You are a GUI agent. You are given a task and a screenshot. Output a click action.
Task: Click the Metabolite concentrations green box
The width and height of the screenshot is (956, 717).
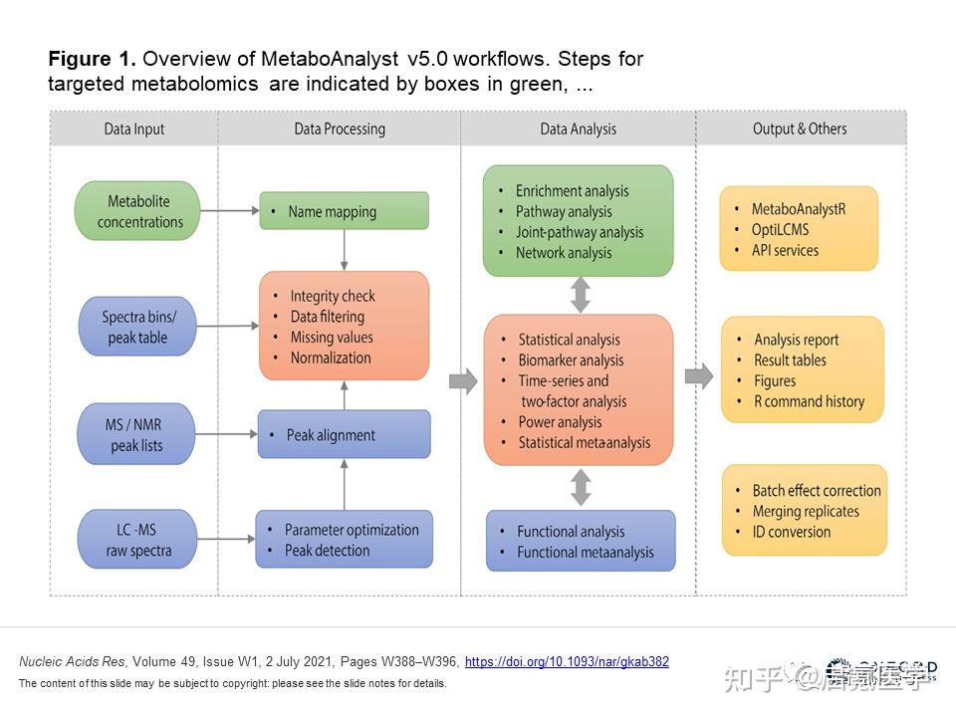137,211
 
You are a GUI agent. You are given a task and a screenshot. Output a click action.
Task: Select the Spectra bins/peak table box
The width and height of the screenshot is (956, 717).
137,327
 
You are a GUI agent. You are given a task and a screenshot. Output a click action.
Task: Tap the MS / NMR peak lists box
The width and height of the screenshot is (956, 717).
137,435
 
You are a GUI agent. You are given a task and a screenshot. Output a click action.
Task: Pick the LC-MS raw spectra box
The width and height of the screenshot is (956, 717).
137,540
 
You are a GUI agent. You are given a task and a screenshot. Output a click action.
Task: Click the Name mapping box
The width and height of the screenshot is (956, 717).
344,211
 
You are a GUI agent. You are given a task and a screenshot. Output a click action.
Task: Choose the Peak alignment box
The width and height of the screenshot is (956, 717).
344,435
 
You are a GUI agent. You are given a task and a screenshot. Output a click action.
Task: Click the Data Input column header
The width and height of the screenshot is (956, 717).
134,128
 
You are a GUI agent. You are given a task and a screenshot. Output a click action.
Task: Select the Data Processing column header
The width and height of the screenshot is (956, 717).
340,128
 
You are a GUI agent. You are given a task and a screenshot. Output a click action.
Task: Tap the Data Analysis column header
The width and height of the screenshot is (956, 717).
578,128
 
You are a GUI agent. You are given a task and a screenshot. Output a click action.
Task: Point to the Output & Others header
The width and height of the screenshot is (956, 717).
800,128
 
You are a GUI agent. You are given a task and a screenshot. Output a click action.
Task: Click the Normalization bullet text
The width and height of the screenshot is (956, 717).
331,358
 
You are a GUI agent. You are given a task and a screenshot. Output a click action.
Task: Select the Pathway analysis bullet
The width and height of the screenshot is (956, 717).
564,211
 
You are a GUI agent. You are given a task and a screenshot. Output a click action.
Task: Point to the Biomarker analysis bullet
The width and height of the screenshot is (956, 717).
571,360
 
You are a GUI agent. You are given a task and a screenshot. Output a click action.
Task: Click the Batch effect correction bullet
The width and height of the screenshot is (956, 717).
817,491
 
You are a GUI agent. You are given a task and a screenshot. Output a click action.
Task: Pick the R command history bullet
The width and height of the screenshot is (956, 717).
810,401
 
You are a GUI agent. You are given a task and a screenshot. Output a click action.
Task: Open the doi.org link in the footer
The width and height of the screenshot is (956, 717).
567,661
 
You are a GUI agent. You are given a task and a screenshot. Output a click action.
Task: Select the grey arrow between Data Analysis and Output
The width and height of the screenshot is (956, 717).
699,376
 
